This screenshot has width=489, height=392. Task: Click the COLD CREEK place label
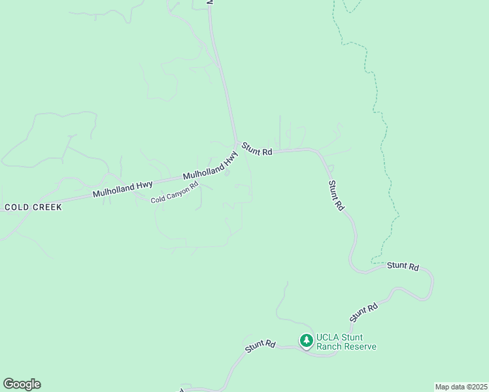click(x=33, y=207)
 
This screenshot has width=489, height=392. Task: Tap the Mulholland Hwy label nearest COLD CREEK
click(x=122, y=189)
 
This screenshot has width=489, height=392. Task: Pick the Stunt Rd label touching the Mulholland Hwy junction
click(x=256, y=149)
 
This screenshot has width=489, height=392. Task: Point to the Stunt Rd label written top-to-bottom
click(x=336, y=195)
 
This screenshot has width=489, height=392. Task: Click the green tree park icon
click(x=306, y=340)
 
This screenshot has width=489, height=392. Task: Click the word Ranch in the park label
click(x=329, y=347)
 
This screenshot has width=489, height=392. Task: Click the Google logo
click(x=22, y=384)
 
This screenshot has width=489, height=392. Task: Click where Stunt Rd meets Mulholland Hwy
click(x=237, y=144)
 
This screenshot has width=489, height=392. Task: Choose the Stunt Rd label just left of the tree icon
click(x=260, y=346)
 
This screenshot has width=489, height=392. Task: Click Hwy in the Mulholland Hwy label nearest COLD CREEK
click(x=143, y=186)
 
